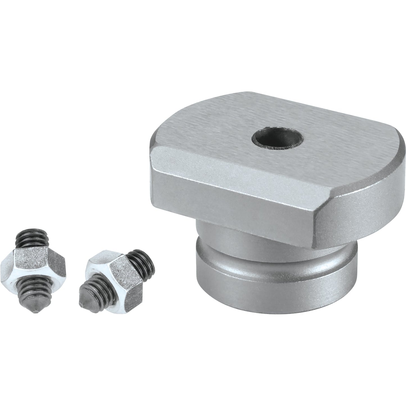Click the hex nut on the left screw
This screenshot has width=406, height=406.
(x=34, y=261)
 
